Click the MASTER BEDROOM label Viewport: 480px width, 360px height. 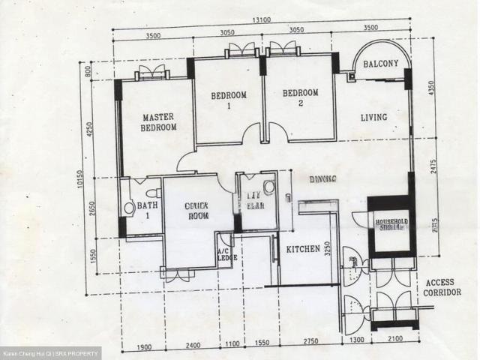click(158, 122)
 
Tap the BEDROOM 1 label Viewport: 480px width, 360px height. click(228, 100)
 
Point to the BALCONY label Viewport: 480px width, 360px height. click(381, 64)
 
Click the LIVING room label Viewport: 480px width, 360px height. click(373, 117)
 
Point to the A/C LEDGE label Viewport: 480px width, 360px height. click(223, 256)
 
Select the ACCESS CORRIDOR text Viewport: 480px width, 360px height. click(442, 287)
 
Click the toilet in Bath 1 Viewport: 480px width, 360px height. click(128, 208)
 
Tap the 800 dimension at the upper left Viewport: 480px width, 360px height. click(88, 72)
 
